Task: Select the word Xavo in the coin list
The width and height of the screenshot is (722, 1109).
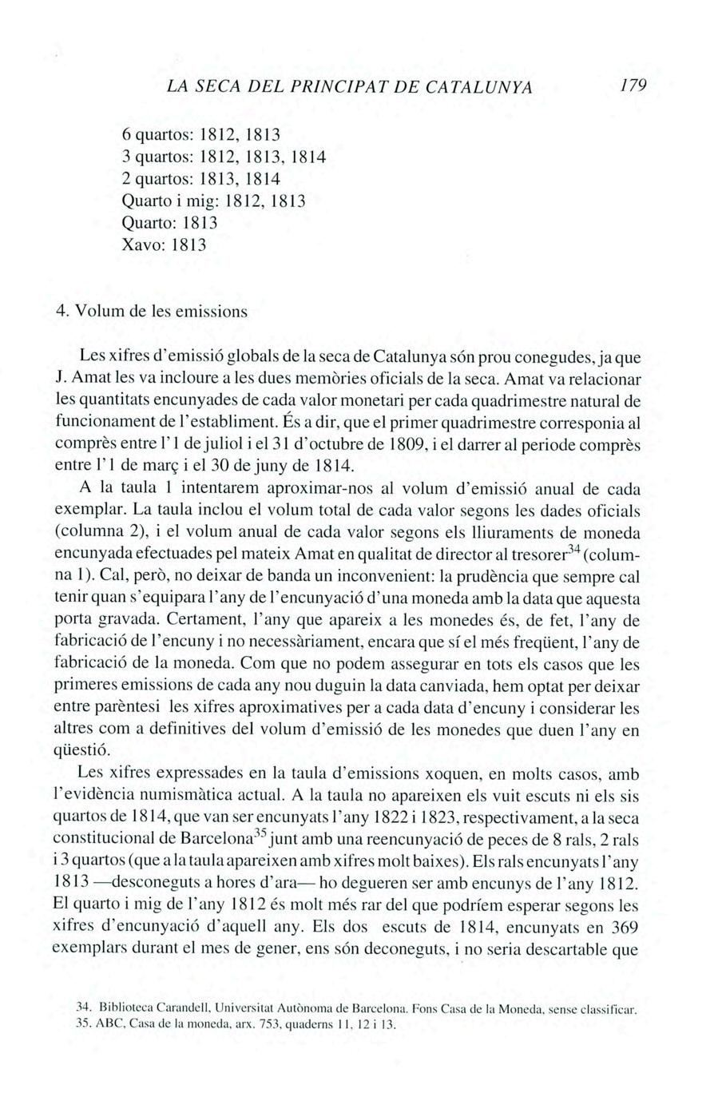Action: click(x=141, y=245)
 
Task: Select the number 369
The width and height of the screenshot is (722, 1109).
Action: click(x=621, y=928)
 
